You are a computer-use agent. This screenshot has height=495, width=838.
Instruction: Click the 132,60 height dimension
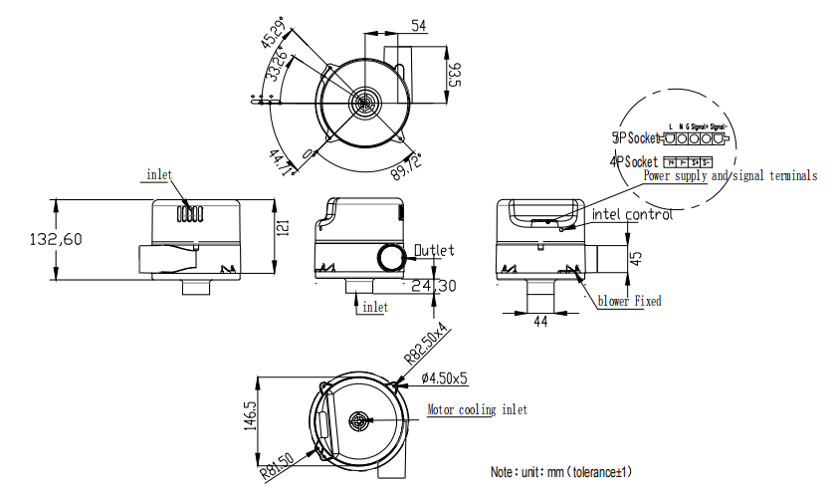click(x=52, y=240)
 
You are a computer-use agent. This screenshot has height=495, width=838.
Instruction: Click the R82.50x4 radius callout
click(x=425, y=344)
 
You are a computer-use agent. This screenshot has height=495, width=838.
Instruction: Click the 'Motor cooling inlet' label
click(x=477, y=409)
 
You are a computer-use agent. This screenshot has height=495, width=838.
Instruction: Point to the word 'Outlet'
click(x=433, y=250)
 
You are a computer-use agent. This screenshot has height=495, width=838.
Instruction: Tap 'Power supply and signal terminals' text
click(x=731, y=176)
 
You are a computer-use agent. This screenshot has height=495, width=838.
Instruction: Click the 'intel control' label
click(x=632, y=214)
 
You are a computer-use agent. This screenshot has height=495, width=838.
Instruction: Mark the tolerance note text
click(x=561, y=471)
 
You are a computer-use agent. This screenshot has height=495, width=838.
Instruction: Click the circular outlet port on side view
click(x=392, y=258)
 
